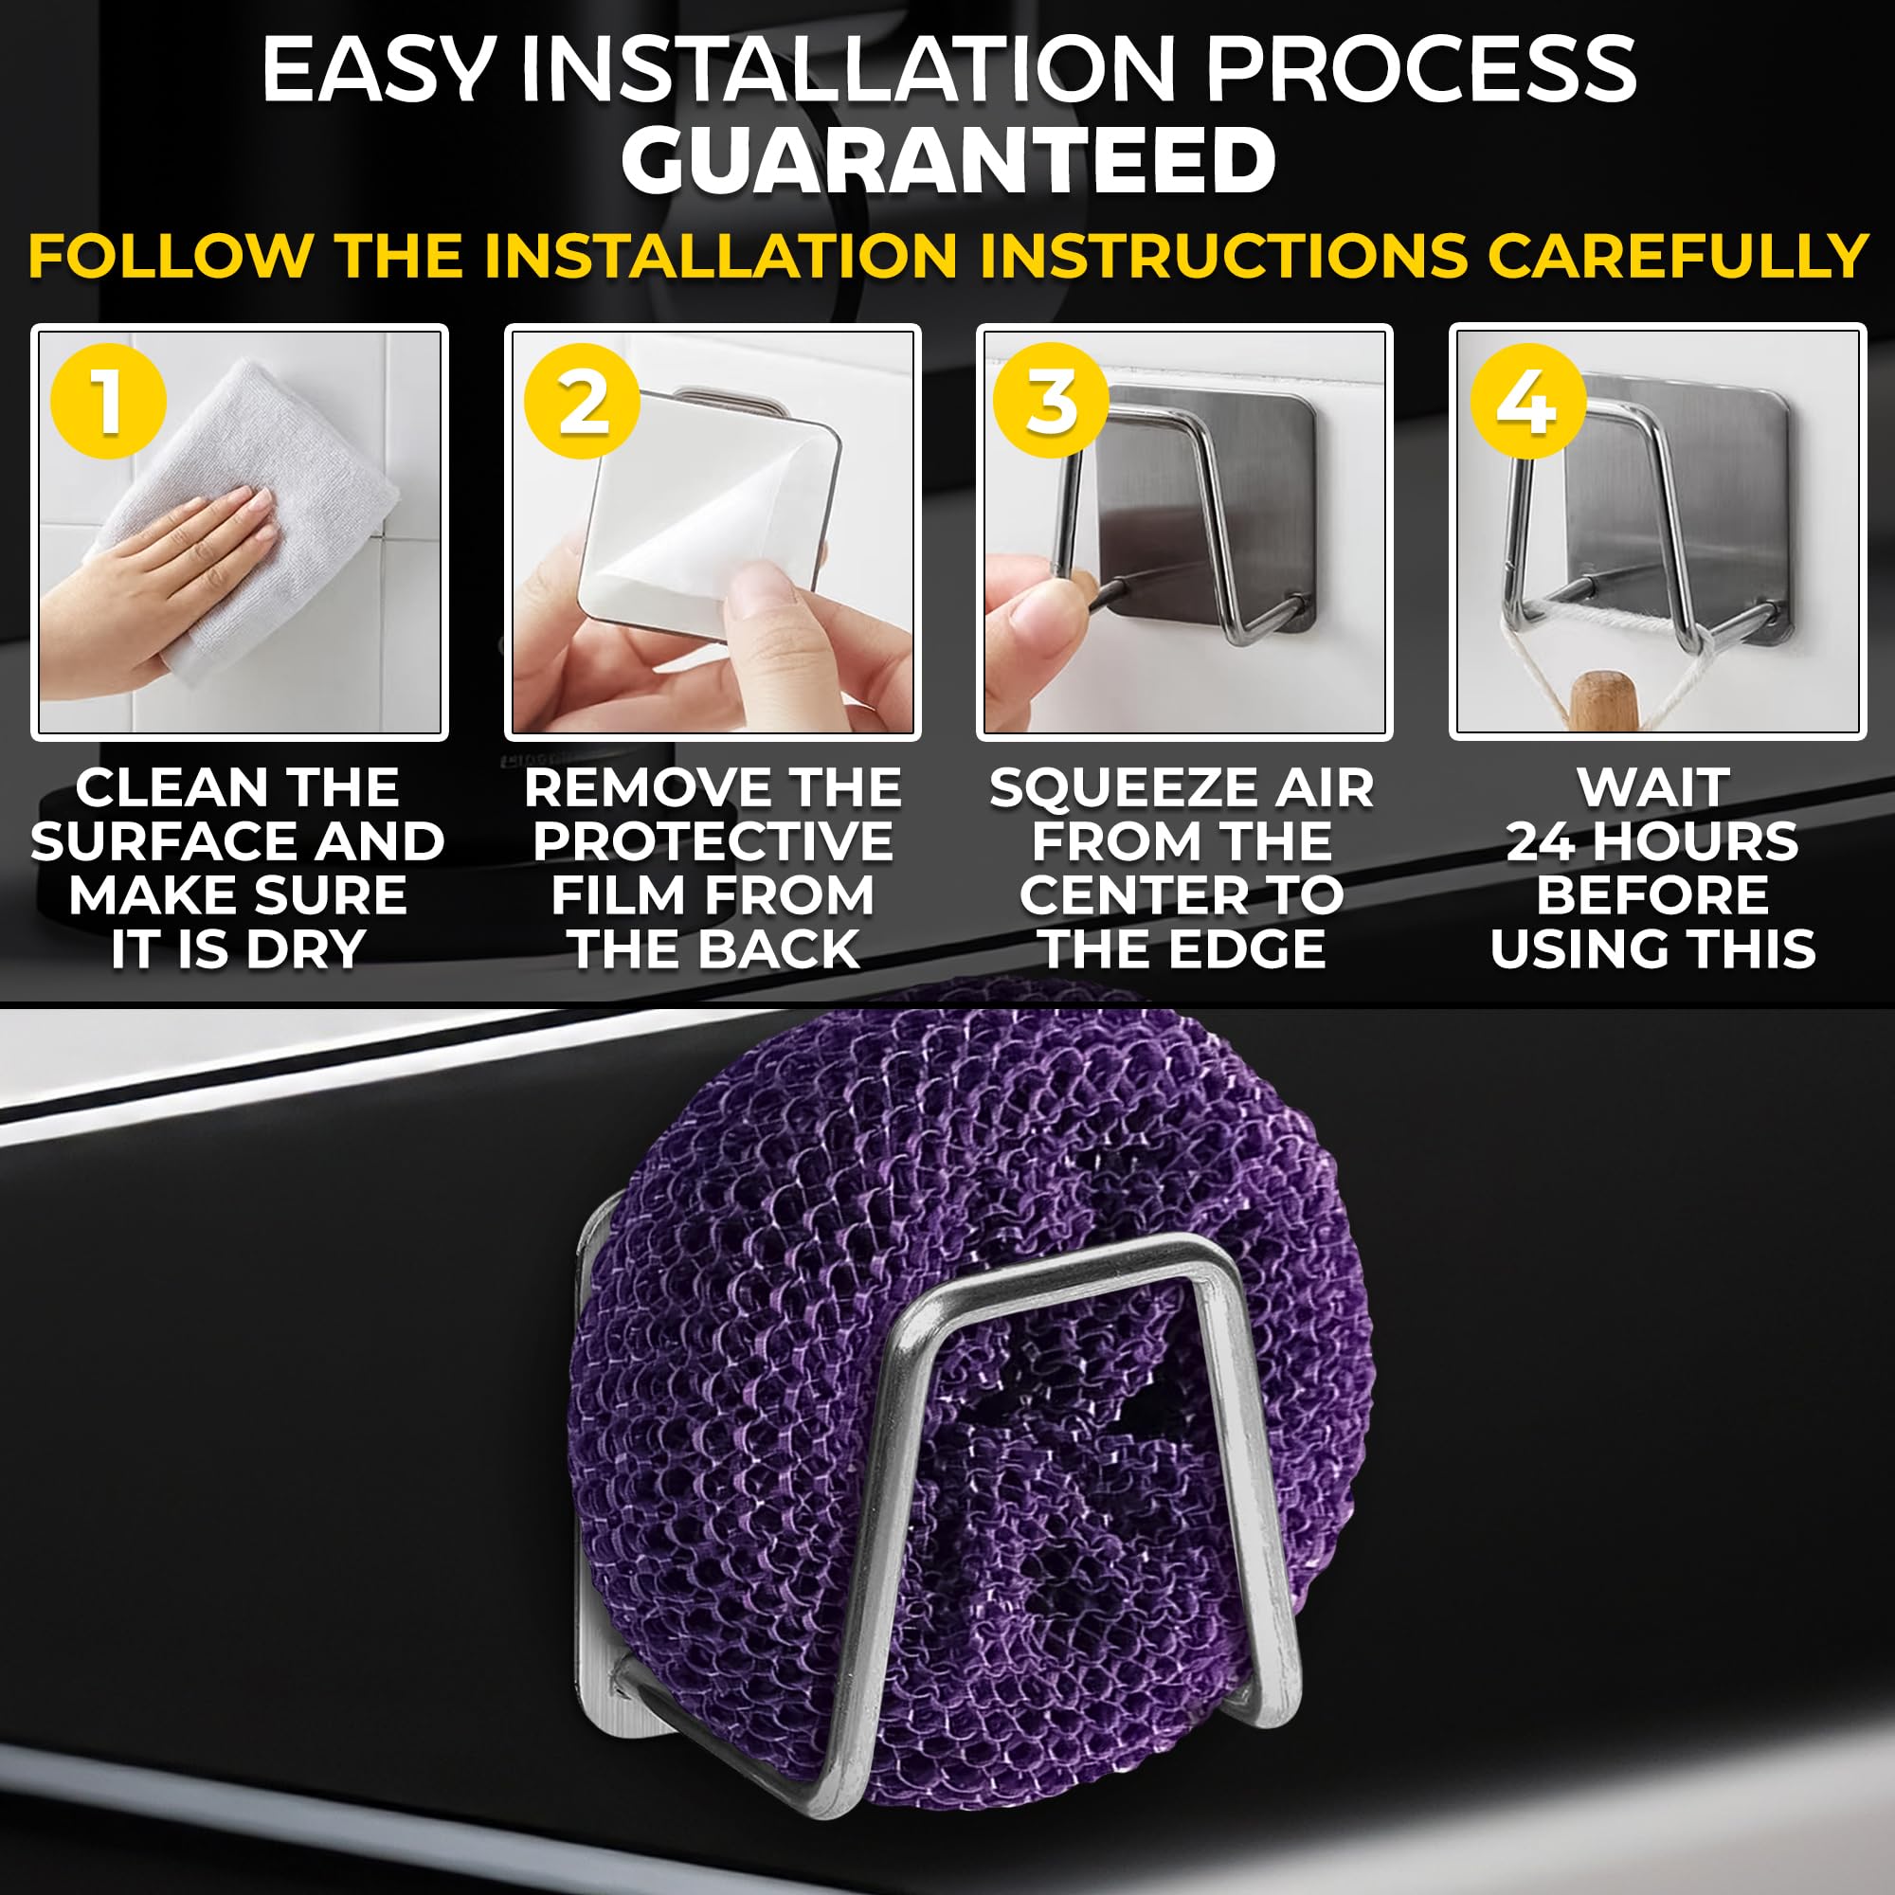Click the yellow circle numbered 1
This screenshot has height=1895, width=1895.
pos(108,400)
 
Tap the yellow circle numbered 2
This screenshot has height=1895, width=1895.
pos(582,400)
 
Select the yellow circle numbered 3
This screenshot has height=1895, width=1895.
pos(1051,400)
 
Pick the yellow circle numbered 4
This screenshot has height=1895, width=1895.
pos(1527,400)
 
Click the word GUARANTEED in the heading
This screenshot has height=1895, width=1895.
pos(947,162)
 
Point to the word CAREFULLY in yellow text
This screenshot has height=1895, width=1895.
pos(1677,256)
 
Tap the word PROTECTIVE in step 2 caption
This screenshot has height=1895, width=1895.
pos(713,841)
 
